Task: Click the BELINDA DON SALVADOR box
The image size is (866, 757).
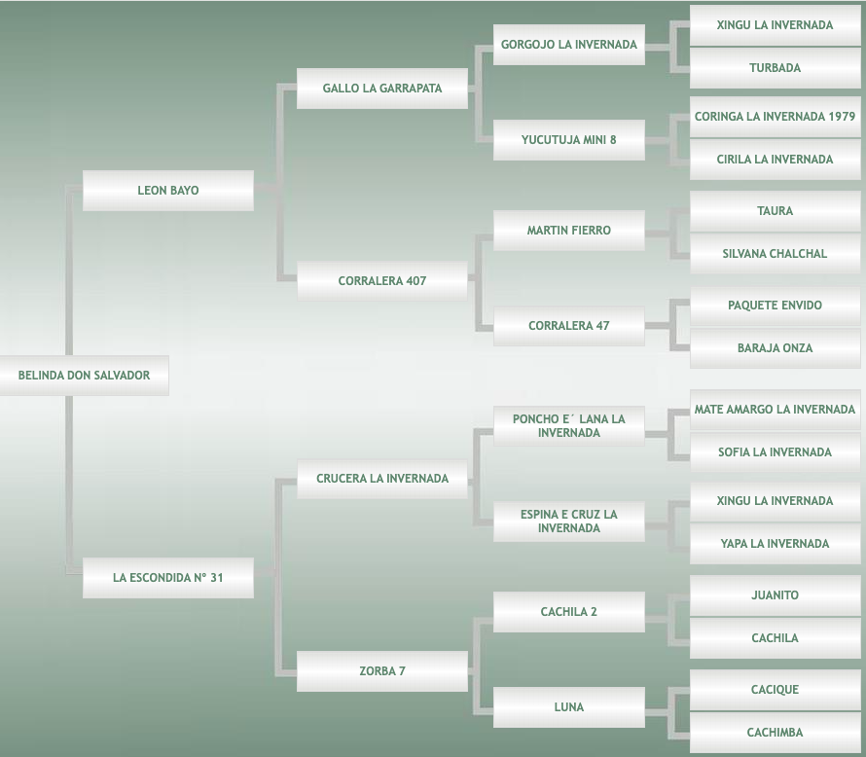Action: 84,376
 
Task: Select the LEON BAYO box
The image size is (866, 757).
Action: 168,191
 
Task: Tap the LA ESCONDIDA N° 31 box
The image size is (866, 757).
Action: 168,578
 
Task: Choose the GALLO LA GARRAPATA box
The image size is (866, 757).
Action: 382,89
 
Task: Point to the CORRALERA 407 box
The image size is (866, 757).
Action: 382,281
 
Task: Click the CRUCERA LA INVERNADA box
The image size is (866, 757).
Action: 382,479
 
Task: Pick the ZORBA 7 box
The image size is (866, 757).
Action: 382,671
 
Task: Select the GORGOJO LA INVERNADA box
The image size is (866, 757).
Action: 569,45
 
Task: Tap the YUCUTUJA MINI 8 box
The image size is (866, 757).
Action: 569,140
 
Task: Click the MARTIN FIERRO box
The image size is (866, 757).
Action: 569,231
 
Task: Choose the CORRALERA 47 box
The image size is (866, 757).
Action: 569,326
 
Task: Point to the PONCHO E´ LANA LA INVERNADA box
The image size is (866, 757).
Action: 569,426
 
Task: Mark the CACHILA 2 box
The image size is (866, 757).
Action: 569,612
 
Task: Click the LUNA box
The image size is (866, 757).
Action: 569,707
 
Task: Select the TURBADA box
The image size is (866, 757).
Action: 775,68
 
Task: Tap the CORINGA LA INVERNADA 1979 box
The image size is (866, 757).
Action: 775,117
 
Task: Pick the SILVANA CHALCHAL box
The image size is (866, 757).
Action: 775,254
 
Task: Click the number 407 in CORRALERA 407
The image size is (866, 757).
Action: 415,281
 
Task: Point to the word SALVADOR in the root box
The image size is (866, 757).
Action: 124,376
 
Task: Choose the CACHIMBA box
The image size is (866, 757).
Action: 775,733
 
